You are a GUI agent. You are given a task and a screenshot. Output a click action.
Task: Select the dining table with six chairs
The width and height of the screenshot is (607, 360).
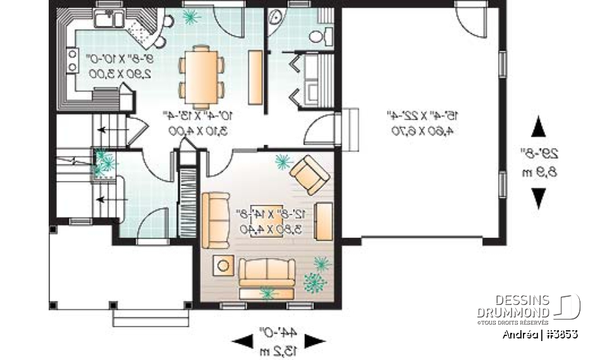coord(202,75)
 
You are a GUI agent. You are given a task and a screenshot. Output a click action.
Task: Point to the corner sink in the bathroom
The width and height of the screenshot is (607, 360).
coord(276,21)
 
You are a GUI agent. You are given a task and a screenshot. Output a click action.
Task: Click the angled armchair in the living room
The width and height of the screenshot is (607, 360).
coord(309,173)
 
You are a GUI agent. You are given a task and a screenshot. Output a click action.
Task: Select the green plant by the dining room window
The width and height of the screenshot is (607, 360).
coord(190,15)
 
